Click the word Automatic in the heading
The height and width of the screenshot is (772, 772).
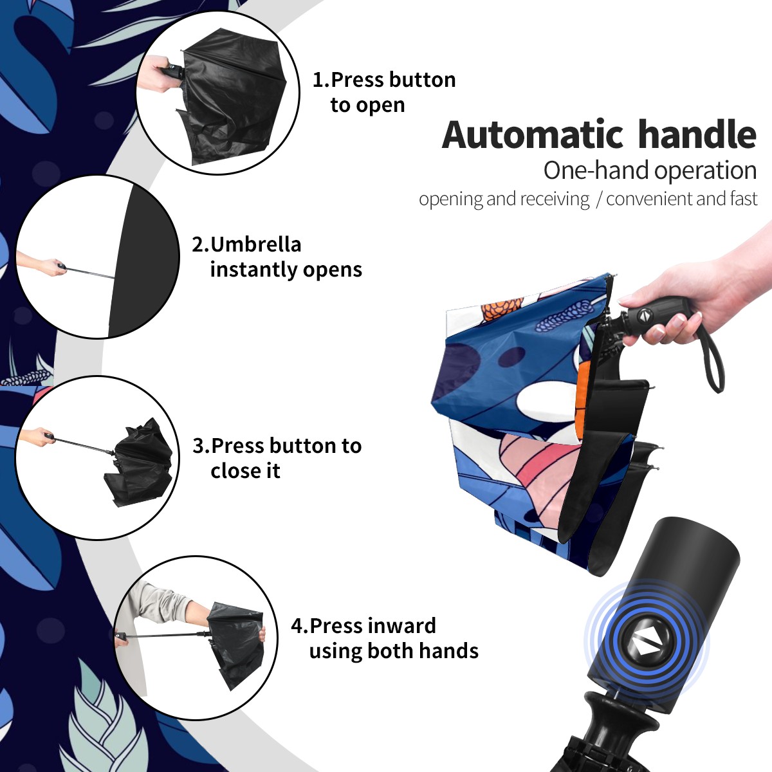coord(533,135)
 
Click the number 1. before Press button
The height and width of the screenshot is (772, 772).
coord(321,80)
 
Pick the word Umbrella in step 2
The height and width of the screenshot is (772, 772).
coord(255,244)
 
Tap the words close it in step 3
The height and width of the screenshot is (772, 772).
coord(245,470)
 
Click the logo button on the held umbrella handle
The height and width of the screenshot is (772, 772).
coord(643,316)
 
